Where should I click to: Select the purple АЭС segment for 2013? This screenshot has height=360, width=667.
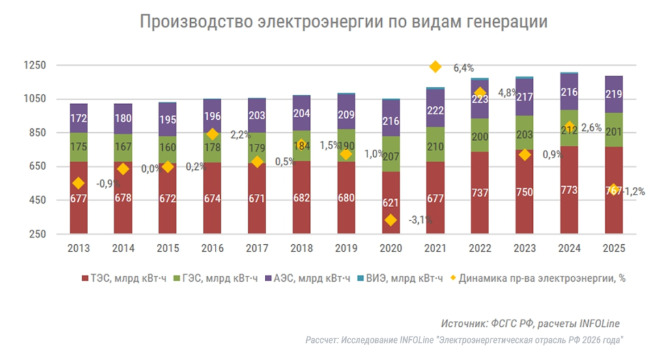(79, 118)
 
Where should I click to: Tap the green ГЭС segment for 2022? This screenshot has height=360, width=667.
(480, 135)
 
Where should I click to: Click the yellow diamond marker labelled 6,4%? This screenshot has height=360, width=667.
(435, 66)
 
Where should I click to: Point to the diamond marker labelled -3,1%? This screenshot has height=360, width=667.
(391, 220)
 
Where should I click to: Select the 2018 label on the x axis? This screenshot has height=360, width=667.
(302, 249)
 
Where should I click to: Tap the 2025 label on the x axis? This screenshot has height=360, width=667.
(614, 249)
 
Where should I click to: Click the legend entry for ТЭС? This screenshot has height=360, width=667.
(124, 279)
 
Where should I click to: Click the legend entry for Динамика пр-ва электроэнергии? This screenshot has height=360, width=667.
(541, 279)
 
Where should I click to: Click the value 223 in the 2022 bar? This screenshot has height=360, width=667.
(480, 100)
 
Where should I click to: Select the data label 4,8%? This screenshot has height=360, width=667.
(507, 92)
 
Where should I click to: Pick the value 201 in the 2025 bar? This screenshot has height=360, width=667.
(614, 133)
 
